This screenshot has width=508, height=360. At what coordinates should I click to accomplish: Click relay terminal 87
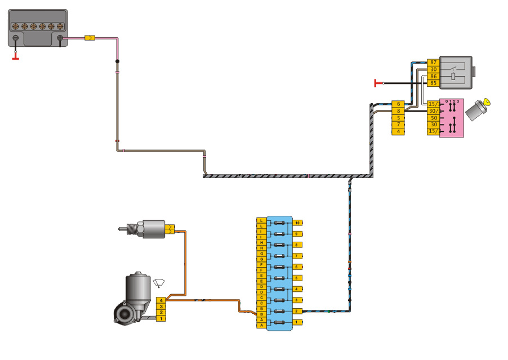433,62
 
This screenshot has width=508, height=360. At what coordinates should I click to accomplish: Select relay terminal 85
433,83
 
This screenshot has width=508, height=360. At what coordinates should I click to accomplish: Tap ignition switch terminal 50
433,118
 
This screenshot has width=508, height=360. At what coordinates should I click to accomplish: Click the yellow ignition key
487,102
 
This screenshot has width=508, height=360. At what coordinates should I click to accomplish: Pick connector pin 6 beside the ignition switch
398,104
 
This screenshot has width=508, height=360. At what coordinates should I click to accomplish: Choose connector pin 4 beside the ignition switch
398,131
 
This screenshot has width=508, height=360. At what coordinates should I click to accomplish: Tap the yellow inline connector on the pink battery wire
89,38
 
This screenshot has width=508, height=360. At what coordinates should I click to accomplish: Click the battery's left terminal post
16,39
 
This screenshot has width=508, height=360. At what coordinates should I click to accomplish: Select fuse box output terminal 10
297,223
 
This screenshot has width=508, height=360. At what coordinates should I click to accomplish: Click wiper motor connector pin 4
161,300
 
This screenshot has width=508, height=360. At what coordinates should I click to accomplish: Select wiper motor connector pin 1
161,319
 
